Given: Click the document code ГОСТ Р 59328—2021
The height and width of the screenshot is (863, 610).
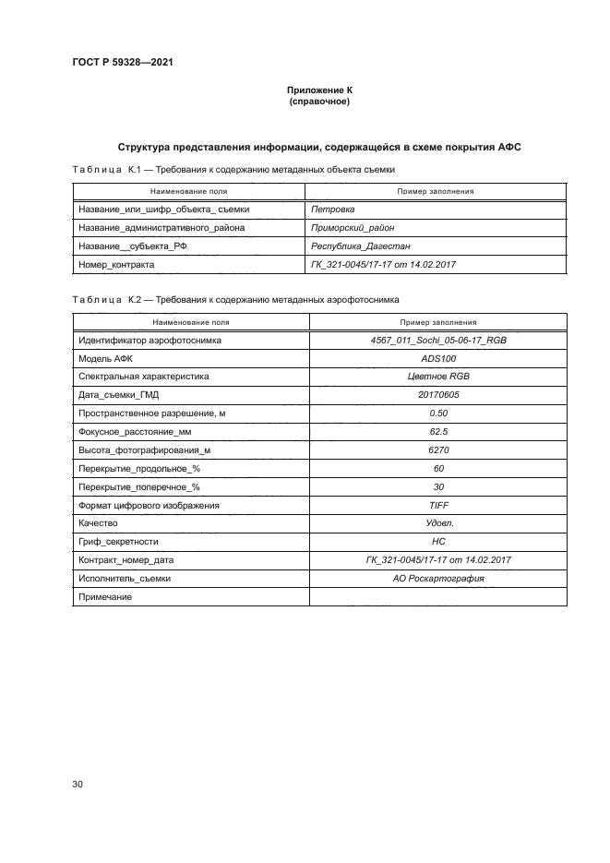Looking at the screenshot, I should pos(123,63).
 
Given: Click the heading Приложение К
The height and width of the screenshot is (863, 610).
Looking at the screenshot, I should pos(319,90).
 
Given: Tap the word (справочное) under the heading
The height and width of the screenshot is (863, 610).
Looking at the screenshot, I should pos(319,102).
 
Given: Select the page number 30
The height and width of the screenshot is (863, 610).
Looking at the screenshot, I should pos(78,785).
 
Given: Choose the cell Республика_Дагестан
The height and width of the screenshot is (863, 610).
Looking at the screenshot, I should pos(361,246).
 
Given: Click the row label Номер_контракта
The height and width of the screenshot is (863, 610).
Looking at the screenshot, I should pos(116,265).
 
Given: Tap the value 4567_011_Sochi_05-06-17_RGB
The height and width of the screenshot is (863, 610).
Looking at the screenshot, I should pos(438,341).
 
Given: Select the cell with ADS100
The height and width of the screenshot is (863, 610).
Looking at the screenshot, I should pos(438,359).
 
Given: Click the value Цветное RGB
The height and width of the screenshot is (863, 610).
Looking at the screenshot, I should pos(438,377).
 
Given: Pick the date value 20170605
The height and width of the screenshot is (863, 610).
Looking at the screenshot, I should pos(438,395).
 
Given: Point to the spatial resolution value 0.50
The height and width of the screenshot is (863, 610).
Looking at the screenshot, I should pos(438,414).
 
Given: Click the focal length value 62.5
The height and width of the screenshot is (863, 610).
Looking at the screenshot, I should pos(438,432).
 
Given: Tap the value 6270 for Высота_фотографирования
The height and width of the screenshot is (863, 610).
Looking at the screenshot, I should pos(438,450).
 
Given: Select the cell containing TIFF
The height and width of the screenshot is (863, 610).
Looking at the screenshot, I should pos(438,505).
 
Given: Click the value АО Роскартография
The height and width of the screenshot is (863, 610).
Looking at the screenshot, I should pos(438,579).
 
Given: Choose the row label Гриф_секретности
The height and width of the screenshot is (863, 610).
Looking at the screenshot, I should pos(119,542).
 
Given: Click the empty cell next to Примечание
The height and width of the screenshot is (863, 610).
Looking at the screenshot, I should pos(438,597).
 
